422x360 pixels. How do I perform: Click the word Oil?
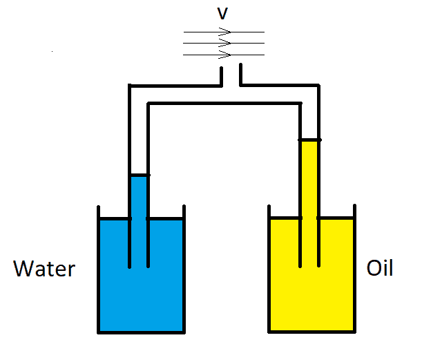380,267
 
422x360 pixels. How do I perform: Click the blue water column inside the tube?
139,197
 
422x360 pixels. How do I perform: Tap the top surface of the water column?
139,175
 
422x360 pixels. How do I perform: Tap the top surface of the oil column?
309,140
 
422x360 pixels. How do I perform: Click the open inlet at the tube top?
231,72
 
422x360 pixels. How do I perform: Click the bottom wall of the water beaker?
141,332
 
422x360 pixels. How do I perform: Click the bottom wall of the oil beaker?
312,332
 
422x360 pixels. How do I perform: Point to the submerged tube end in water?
139,265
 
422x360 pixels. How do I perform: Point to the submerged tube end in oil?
309,265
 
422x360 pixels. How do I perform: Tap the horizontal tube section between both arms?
224,95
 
